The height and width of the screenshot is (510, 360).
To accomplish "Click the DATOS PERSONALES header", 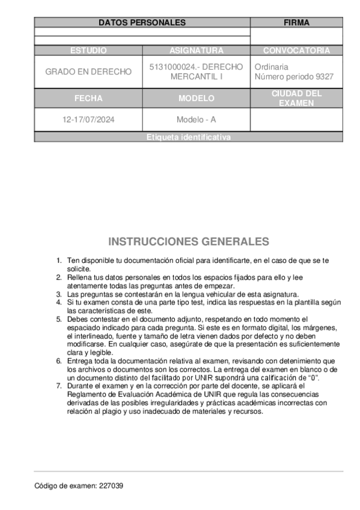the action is [x=142, y=23].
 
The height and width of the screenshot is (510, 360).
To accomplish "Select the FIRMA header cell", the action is [x=296, y=23].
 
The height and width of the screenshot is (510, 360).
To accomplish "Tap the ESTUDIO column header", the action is [x=88, y=51].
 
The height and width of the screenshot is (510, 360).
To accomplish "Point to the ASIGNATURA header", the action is [x=196, y=51].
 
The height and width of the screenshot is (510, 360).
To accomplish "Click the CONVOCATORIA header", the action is [x=296, y=51].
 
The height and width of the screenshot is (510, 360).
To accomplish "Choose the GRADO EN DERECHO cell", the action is [x=88, y=72].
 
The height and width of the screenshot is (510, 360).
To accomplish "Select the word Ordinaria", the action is [x=272, y=67].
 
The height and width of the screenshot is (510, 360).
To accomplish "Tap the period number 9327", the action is [x=324, y=77].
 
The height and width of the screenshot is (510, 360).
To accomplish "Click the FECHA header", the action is [x=88, y=98].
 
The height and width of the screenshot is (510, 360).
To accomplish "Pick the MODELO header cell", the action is [x=196, y=98].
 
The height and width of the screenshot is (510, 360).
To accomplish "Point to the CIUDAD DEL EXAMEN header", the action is [x=296, y=98].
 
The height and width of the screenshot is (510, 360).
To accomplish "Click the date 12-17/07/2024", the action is [x=88, y=120].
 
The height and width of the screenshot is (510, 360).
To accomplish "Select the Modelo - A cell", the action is [x=196, y=120].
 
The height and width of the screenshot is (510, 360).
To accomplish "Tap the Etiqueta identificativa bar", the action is [x=188, y=137].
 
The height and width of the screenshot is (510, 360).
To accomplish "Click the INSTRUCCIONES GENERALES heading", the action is [x=188, y=242].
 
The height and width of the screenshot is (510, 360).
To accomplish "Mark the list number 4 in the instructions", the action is [x=59, y=303].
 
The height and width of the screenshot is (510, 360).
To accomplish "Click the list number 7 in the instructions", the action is [x=59, y=386].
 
